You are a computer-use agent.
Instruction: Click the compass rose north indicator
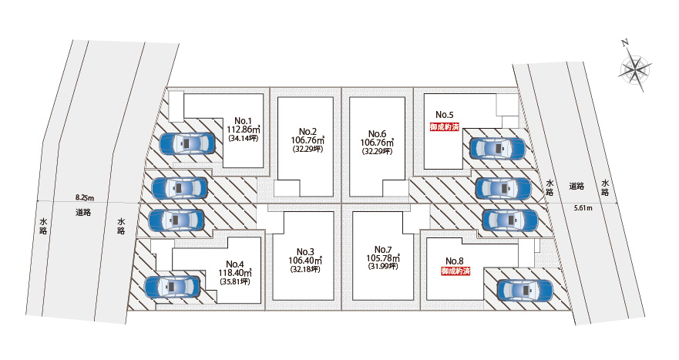click(x=635, y=69)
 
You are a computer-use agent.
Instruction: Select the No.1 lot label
click(x=244, y=121)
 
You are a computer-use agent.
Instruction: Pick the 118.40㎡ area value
click(x=234, y=272)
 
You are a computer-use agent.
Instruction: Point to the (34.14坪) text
click(x=244, y=140)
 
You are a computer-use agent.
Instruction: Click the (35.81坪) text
click(x=234, y=281)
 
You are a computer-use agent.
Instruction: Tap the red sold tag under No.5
click(x=445, y=127)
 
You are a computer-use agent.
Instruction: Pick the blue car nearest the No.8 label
click(x=524, y=290)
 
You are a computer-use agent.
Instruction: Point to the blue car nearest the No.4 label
click(x=172, y=288)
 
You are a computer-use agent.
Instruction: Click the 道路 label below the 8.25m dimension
click(x=84, y=212)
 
